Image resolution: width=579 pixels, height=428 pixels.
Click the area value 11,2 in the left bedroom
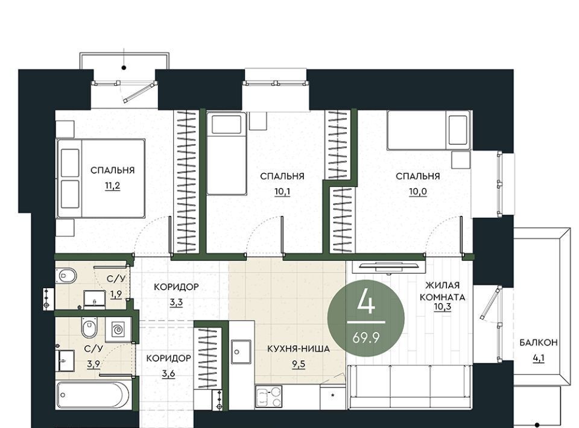pos(112,186)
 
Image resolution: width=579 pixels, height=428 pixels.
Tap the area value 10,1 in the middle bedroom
pos(282,192)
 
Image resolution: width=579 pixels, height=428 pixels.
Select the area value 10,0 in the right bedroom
pos(417,192)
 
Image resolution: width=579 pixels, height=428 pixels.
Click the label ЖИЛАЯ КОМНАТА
pos(442,291)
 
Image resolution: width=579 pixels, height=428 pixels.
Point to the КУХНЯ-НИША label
pos(299,348)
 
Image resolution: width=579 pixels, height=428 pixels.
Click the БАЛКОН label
pos(539,342)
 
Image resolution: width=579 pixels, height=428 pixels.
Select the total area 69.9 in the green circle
pos(366,337)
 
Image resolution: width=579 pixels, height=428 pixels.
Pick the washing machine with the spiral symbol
pos(118,329)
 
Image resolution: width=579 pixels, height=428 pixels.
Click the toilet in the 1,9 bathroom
pos(66,275)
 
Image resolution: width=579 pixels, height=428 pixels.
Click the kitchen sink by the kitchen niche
pos(241,351)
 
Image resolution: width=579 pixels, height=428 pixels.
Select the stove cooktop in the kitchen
pos(268,397)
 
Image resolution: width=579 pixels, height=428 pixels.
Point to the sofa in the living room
pos(411,386)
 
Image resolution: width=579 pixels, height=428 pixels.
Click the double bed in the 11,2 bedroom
pos(101,178)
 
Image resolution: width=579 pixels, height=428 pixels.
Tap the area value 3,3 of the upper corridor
pos(176,303)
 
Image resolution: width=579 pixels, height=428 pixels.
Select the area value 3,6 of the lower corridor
pos(168,374)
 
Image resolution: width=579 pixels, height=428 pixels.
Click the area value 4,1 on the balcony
pos(539,357)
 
